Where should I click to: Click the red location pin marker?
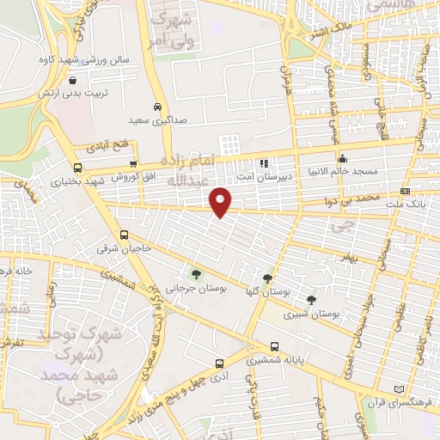[221, 201]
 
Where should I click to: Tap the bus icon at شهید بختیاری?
[77, 168]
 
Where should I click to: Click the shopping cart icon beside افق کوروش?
[132, 163]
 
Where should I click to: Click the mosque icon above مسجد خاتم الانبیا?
[342, 158]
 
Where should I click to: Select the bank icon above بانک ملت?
[405, 191]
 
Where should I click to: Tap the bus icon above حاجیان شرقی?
[125, 235]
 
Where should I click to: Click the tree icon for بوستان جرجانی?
[197, 275]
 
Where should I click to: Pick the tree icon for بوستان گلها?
[268, 278]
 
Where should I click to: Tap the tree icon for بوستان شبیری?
[311, 300]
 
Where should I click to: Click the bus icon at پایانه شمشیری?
[273, 347]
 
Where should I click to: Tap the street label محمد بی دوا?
[369, 198]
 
